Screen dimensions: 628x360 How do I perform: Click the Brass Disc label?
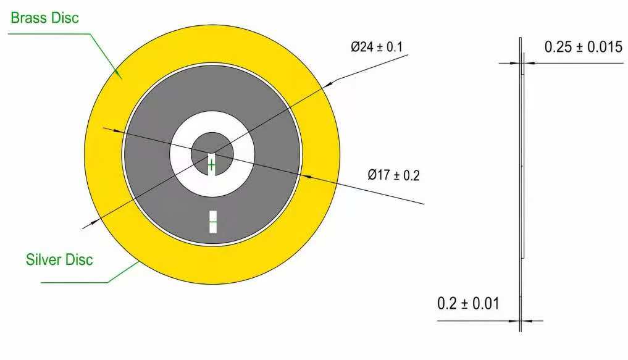click(x=44, y=18)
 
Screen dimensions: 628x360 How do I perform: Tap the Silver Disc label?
click(x=59, y=259)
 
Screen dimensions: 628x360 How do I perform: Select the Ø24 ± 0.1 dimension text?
click(x=377, y=47)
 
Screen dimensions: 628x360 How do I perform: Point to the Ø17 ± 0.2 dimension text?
click(x=394, y=175)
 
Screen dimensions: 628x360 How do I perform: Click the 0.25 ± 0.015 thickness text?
click(x=583, y=47)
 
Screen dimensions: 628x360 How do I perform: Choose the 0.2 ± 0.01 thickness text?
click(x=468, y=304)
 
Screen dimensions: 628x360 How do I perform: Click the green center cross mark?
click(x=211, y=165)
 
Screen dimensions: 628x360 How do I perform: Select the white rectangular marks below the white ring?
click(x=213, y=222)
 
